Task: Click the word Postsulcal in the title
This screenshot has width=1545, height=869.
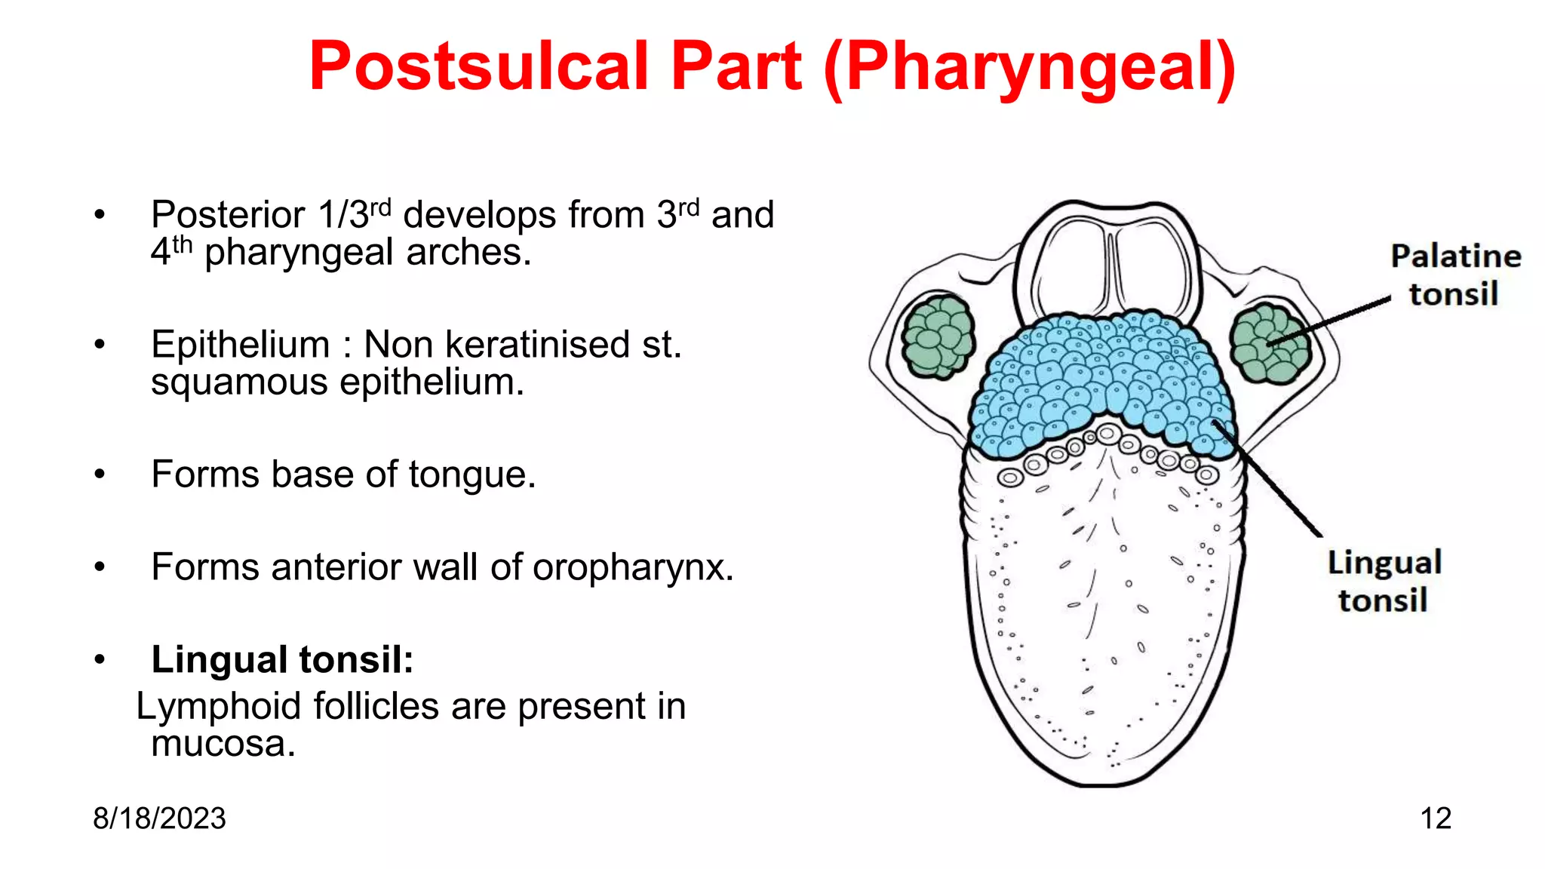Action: [479, 66]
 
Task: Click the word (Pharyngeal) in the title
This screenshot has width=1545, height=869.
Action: [1030, 68]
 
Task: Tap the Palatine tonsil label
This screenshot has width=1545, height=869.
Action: [1455, 275]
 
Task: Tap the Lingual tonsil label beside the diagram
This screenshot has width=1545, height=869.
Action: [1384, 582]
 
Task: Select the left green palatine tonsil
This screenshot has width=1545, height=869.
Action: [938, 336]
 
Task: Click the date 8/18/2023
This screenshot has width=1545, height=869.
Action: [159, 818]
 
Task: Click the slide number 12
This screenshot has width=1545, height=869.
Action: [1435, 818]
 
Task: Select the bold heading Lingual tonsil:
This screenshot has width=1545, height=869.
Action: [282, 660]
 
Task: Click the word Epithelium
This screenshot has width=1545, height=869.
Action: [240, 345]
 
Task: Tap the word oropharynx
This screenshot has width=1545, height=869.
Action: [632, 568]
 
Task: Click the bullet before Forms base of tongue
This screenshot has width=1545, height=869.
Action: [100, 475]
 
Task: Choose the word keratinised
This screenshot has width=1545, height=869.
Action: [537, 345]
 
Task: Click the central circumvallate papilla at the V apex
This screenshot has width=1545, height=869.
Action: [1108, 434]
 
